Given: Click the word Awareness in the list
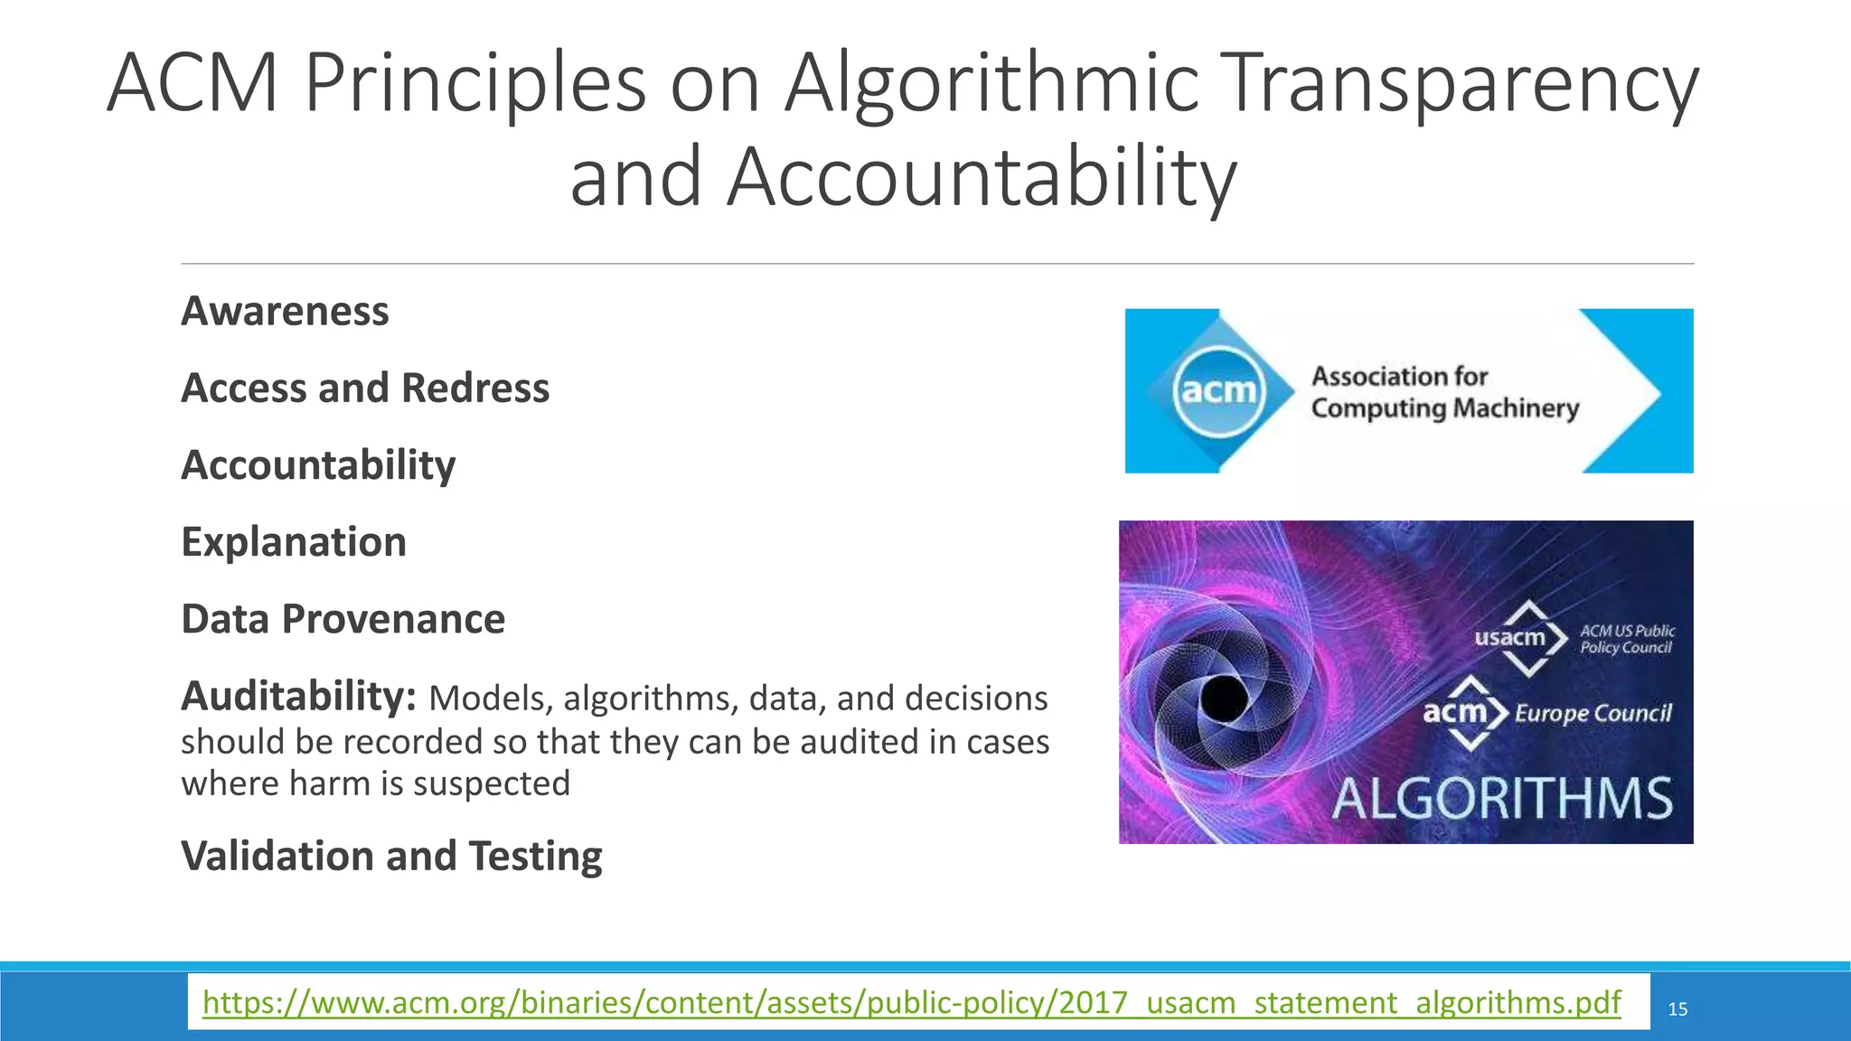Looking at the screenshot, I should click(x=285, y=312).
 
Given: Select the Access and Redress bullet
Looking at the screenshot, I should click(x=365, y=389).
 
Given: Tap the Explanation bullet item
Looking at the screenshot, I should click(x=294, y=542).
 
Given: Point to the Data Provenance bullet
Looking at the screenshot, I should click(x=343, y=620).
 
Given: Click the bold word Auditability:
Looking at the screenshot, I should click(x=298, y=697).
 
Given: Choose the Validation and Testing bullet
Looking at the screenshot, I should click(x=391, y=856).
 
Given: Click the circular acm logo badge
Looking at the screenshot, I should click(x=1219, y=391).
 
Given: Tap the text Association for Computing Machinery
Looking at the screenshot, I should click(x=1444, y=392).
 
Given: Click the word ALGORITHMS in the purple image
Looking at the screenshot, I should click(x=1502, y=799).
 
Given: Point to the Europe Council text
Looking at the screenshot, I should click(x=1593, y=714).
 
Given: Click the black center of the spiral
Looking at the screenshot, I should click(x=1224, y=699).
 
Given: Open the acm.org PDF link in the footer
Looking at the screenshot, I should click(x=911, y=1002).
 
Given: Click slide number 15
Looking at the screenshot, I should click(x=1677, y=1009).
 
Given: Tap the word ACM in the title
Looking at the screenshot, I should click(x=193, y=83).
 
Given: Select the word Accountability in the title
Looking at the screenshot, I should click(x=981, y=177).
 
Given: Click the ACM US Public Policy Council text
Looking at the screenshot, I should click(x=1627, y=639).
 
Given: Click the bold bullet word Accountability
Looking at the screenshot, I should click(x=318, y=465).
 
